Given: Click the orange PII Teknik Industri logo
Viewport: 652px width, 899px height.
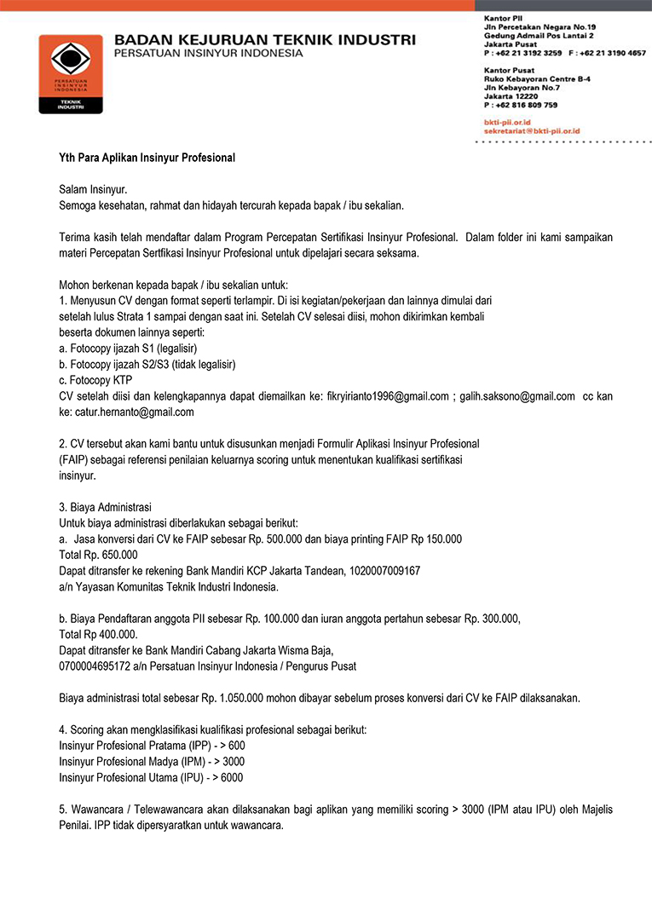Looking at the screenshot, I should click(70, 73).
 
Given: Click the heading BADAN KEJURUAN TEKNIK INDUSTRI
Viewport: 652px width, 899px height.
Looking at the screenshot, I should click(265, 40).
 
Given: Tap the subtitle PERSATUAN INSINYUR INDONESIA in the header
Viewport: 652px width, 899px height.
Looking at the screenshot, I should click(209, 54).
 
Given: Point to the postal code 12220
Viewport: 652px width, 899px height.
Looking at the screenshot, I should click(499, 96).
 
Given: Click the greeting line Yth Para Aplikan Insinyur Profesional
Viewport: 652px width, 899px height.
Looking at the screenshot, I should click(147, 158).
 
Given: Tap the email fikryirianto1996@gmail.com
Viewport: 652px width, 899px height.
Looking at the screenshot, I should click(388, 396).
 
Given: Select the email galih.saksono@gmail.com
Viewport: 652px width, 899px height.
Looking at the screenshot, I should click(517, 396).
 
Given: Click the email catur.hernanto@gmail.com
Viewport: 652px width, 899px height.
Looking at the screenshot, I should click(134, 412).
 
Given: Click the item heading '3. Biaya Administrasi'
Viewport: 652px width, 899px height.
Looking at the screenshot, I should click(105, 507).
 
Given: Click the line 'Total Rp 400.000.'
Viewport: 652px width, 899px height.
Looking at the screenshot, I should click(98, 634).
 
